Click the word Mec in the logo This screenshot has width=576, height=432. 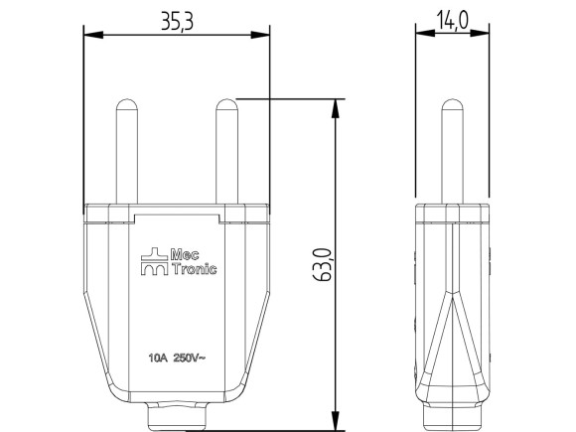click(186, 253)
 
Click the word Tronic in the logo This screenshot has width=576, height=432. click(194, 269)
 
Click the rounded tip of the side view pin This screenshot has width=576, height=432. click(452, 103)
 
